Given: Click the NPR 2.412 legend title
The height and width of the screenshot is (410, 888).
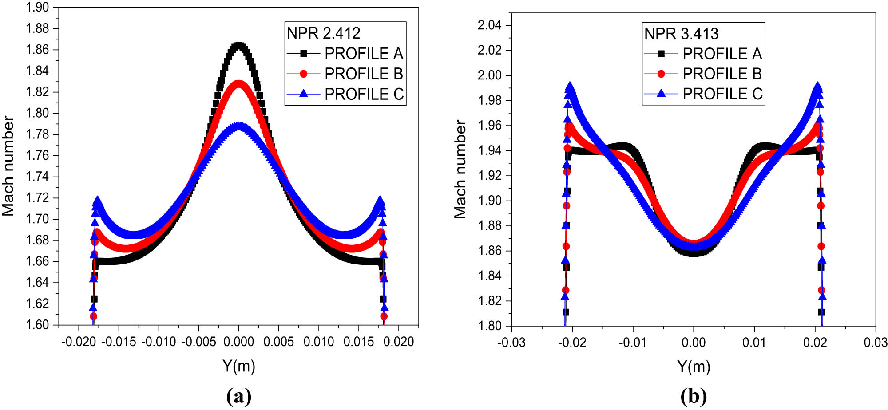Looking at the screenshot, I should click(x=323, y=33).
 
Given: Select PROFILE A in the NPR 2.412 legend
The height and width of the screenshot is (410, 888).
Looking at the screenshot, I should click(x=363, y=54).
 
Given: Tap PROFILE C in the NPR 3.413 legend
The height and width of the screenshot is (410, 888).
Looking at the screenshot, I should click(x=722, y=94).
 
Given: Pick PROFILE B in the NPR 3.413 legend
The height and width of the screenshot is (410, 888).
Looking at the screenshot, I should click(x=722, y=74).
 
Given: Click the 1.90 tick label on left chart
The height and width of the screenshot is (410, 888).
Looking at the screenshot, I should click(x=37, y=8).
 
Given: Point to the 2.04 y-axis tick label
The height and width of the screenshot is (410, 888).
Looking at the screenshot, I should click(x=489, y=25).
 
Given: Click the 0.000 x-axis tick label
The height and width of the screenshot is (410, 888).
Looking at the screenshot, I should click(x=239, y=342).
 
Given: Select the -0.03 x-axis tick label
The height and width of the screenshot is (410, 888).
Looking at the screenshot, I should click(x=511, y=343).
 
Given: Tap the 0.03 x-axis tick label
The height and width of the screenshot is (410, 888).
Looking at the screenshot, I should click(x=876, y=343).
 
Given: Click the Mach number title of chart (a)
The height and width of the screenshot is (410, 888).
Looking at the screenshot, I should click(x=8, y=166).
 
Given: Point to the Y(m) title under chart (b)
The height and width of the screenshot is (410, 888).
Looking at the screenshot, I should click(x=694, y=367).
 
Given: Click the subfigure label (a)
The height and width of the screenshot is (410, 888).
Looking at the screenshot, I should click(x=239, y=396).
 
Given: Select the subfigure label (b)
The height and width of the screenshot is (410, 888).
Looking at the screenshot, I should click(x=694, y=396).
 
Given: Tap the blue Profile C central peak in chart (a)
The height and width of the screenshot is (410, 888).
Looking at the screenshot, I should click(x=239, y=126).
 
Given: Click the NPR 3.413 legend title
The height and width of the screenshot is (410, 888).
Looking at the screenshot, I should click(x=681, y=34).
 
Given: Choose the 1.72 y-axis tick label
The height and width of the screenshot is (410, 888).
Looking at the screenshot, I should click(x=37, y=198).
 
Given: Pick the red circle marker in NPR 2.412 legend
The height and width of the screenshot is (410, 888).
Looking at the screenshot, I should click(x=304, y=74).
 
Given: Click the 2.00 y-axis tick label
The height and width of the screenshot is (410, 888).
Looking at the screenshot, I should click(x=489, y=75).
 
